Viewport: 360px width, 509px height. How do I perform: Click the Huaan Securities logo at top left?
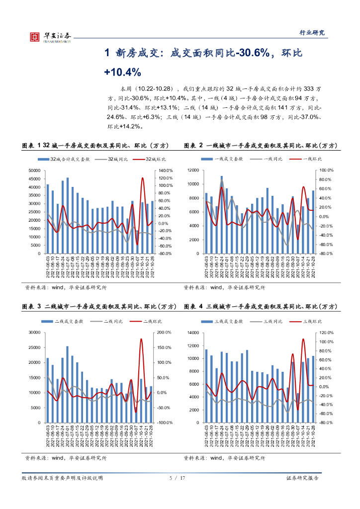[x=50, y=36]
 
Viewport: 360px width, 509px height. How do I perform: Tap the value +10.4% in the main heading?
[x=122, y=72]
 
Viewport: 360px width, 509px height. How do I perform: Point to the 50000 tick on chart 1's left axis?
[x=33, y=170]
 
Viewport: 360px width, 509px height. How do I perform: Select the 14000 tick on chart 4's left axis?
[x=192, y=333]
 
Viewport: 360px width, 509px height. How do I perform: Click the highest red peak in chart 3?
[x=141, y=339]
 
